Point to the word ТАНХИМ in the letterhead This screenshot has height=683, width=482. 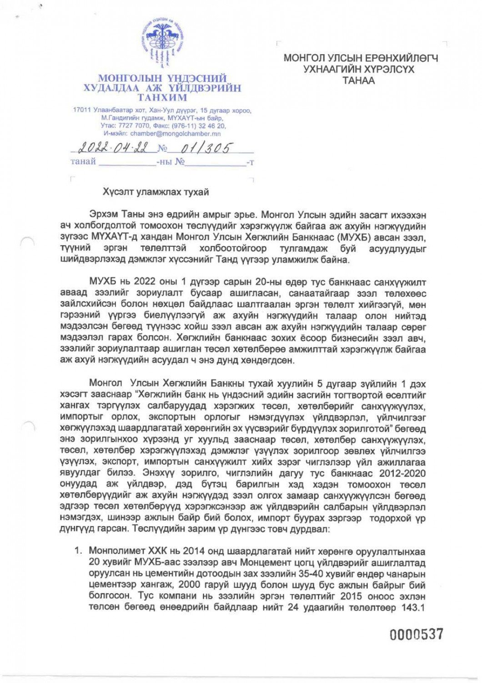(162, 97)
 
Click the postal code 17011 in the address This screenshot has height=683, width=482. (82, 111)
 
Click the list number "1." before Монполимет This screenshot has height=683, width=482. (79, 551)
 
